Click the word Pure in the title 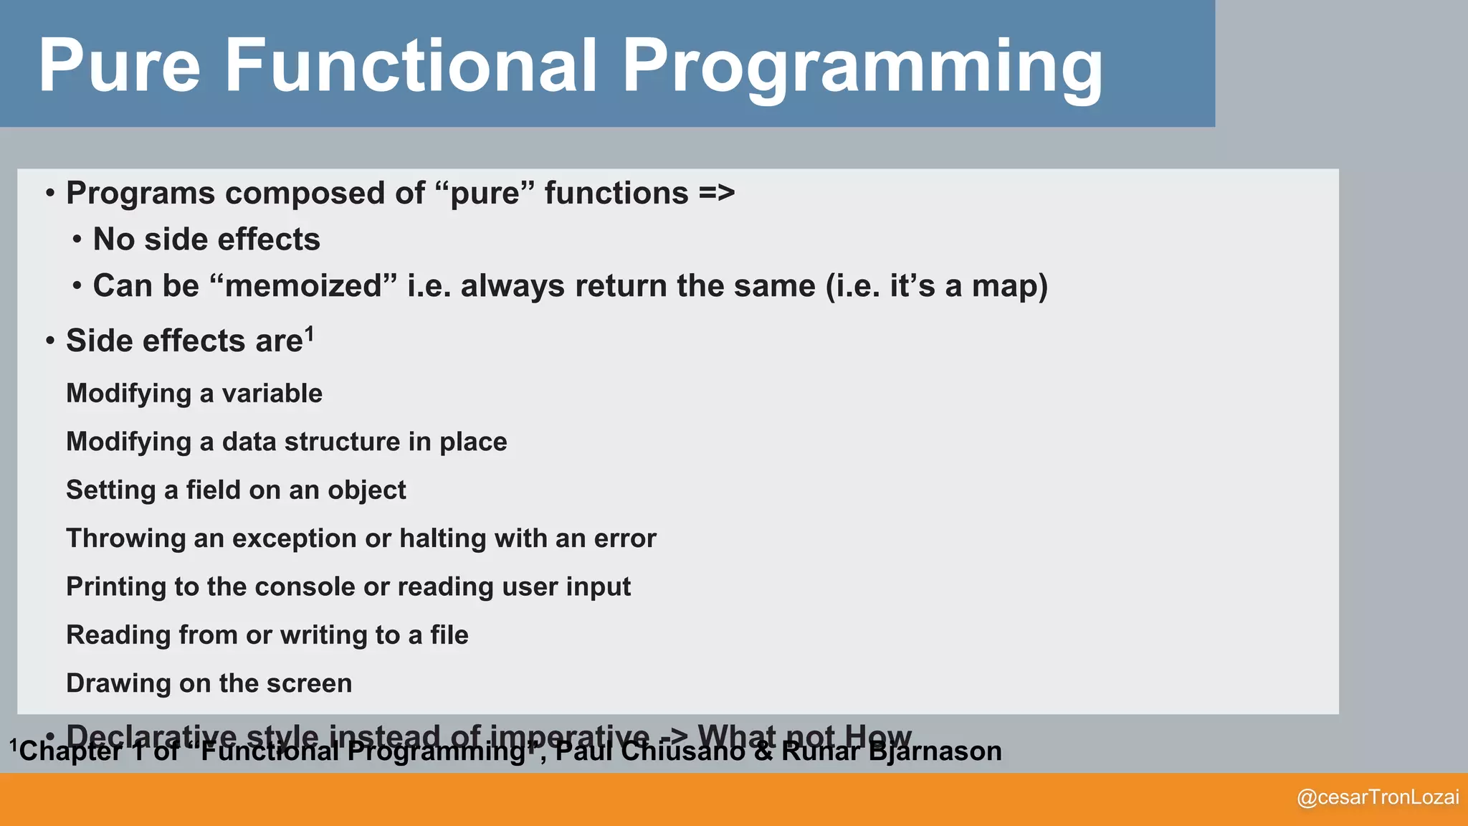[119, 66]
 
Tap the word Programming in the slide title [862, 67]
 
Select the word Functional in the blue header [411, 66]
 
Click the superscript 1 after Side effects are [310, 333]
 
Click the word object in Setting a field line [366, 490]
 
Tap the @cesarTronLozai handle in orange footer [1378, 797]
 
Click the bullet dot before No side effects [77, 240]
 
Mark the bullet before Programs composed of [50, 194]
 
